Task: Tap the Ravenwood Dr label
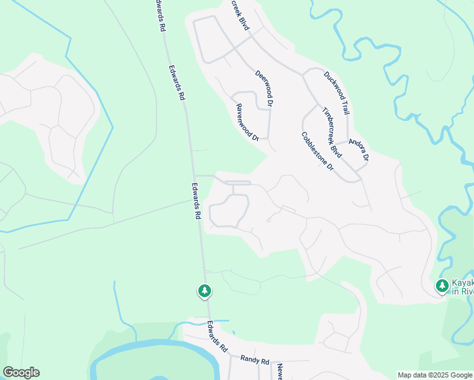(248, 122)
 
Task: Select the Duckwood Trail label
(336, 92)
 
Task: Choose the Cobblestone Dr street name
(317, 151)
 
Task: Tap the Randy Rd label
(255, 358)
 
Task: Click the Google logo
(21, 372)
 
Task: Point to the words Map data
(411, 375)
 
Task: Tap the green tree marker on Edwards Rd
(204, 291)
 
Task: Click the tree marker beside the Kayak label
(442, 286)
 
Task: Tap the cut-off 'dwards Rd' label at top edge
(160, 16)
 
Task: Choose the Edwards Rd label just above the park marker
(196, 201)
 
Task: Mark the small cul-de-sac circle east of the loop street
(269, 221)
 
